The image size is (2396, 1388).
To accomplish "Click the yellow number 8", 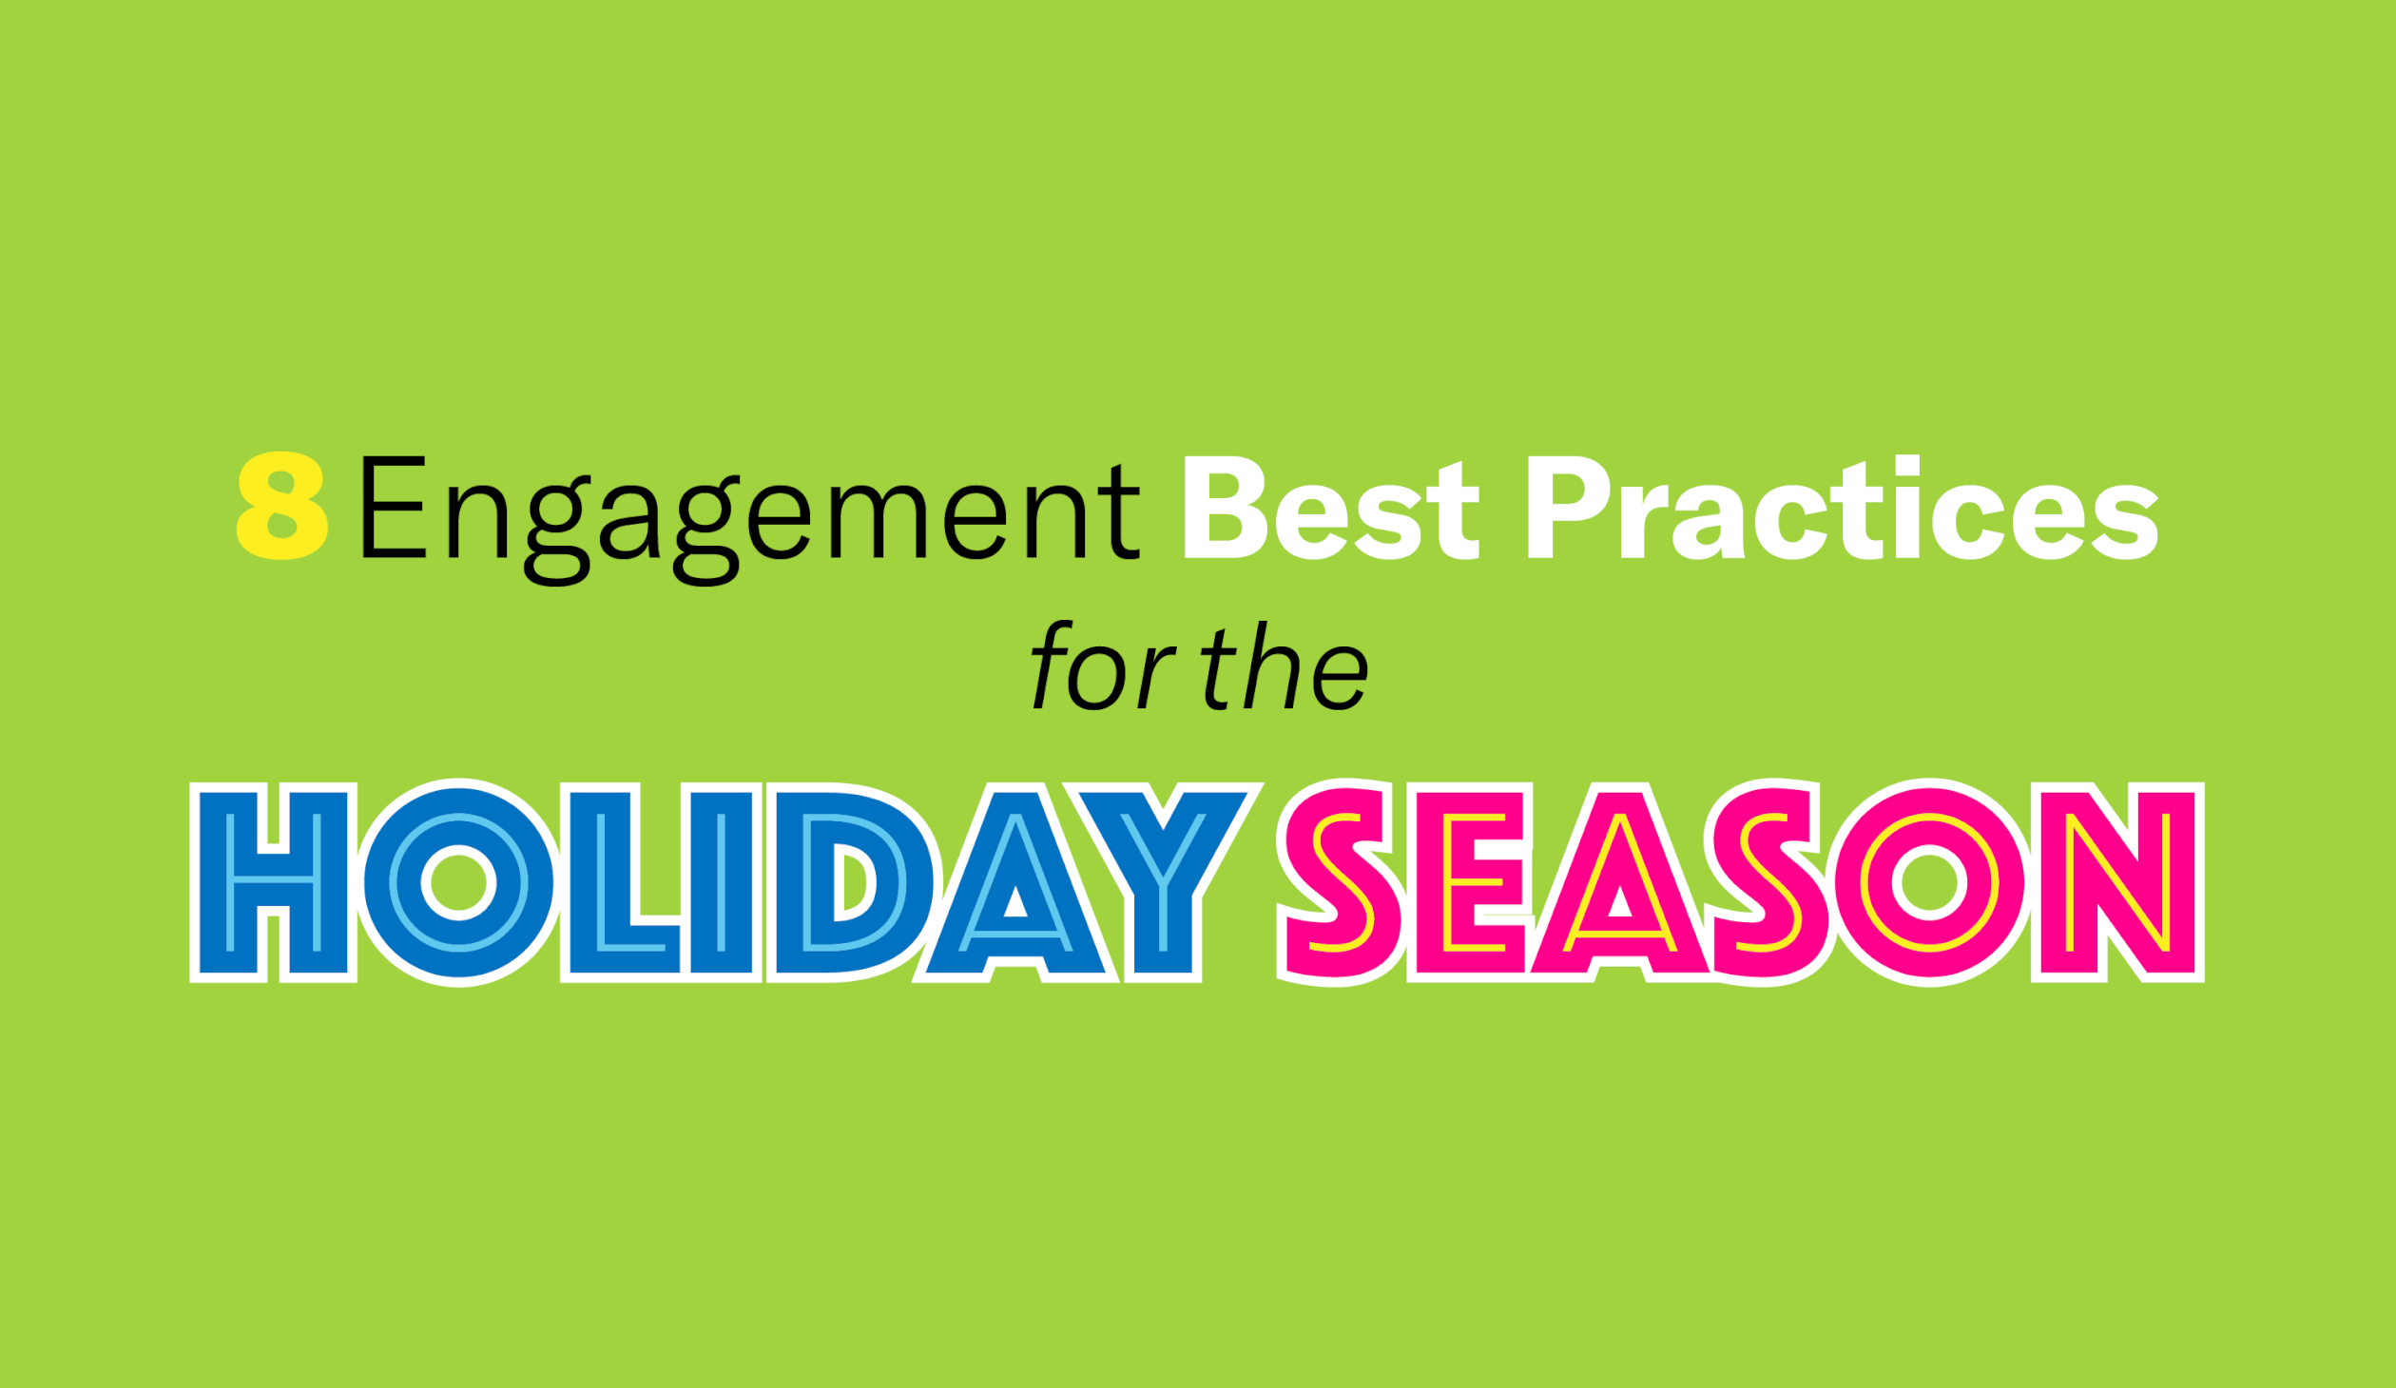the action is click(282, 505).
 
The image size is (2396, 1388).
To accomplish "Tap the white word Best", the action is click(1331, 507).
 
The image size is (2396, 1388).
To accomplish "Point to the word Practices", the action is click(1843, 507).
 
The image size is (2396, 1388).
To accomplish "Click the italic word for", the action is click(1103, 666).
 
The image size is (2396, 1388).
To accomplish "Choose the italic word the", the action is click(1285, 666).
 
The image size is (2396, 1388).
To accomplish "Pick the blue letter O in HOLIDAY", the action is click(459, 883).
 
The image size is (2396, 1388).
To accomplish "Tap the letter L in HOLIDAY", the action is click(621, 882).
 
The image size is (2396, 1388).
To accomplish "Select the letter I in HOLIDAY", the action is click(722, 882).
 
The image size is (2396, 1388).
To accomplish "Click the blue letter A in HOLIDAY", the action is click(1016, 882).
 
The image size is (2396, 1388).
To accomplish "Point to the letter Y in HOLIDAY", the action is click(1163, 882).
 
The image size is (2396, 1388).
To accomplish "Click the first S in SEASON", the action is click(1341, 883).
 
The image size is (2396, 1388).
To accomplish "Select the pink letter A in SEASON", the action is click(1619, 882).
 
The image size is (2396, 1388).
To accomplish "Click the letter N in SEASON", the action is click(2118, 882).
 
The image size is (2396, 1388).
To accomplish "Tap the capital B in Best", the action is click(1226, 508).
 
